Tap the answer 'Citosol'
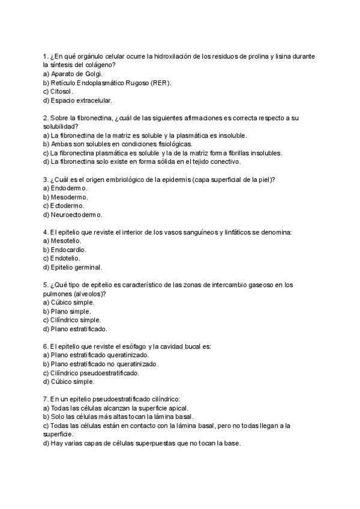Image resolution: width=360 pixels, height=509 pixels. (58, 91)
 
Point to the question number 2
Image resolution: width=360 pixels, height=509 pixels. (46, 118)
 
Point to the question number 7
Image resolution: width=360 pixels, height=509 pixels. (46, 399)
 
